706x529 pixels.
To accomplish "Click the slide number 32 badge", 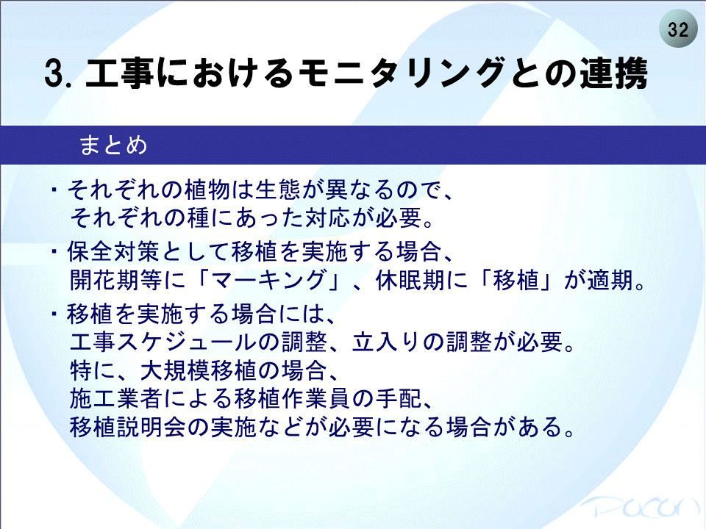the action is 678,29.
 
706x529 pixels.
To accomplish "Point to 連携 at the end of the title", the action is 613,73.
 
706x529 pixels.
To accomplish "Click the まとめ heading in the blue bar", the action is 113,145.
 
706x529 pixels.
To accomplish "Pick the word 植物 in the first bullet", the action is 207,190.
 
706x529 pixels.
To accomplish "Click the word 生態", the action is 278,190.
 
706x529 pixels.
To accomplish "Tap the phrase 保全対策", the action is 113,251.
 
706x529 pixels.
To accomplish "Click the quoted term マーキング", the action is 268,280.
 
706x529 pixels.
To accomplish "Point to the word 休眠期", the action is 410,280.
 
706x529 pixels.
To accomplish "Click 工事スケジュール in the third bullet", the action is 163,342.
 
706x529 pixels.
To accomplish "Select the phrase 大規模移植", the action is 199,370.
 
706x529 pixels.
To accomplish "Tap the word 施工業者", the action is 115,398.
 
